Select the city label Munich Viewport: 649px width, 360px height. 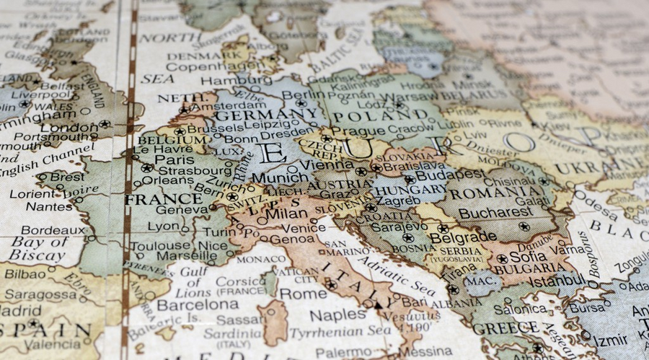[274, 177]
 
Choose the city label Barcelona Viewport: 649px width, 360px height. [193, 305]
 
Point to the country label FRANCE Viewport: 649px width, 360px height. [163, 199]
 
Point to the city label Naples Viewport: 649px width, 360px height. [338, 315]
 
